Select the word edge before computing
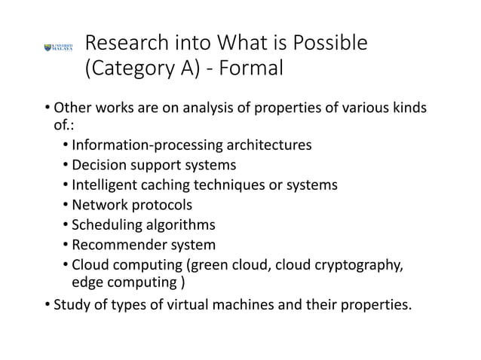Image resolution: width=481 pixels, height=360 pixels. pyautogui.click(x=87, y=282)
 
